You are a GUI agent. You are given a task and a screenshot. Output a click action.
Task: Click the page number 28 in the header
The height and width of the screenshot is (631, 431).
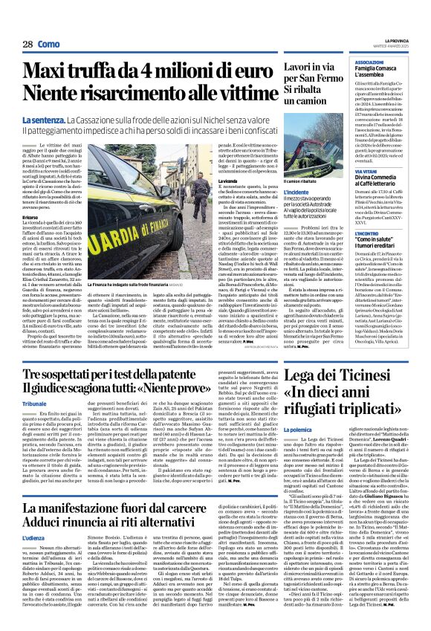27,45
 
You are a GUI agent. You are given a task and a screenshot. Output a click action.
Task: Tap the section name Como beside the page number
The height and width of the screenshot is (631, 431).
50,45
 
